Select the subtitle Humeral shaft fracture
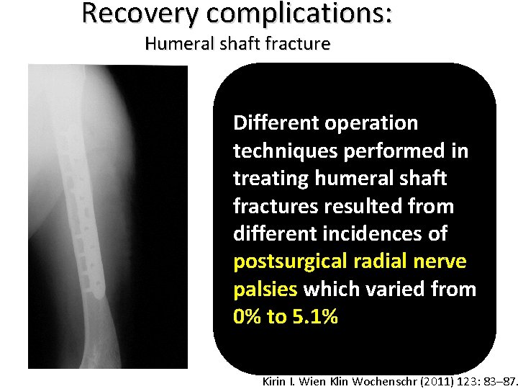click(x=237, y=44)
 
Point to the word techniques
click(x=278, y=151)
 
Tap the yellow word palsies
click(x=265, y=290)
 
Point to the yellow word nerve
click(x=439, y=261)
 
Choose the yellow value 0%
click(x=247, y=317)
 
